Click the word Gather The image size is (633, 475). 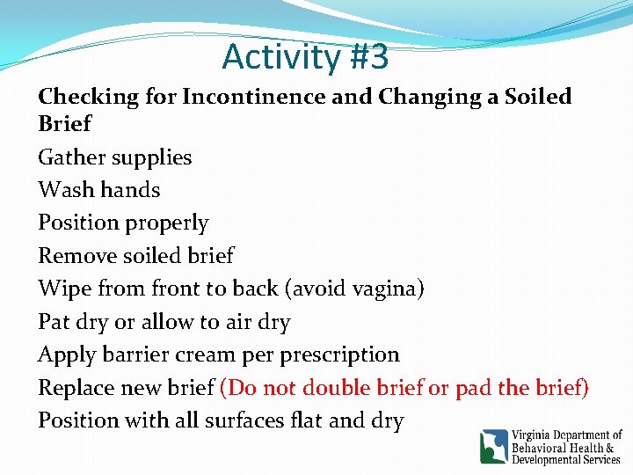coord(69,158)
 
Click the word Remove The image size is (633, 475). coord(76,256)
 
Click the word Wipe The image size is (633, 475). coord(62,289)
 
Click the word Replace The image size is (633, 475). coord(78,388)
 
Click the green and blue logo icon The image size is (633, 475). coord(493,446)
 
